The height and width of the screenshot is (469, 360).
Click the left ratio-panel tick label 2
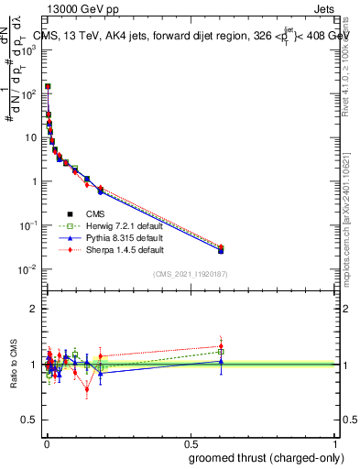pos(34,309)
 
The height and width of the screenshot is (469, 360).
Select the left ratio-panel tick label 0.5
pos(30,420)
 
